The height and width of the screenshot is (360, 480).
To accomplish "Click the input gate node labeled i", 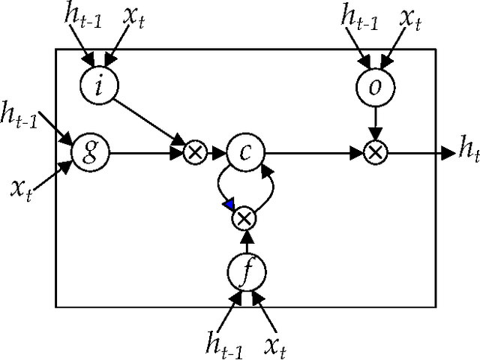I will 100,83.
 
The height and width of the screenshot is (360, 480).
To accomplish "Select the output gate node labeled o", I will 374,84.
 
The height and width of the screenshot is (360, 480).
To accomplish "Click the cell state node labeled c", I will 246,152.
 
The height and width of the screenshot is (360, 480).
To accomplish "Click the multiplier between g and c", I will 195,152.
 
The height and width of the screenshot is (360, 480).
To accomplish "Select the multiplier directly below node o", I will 374,152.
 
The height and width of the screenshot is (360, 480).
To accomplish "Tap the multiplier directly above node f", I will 244,219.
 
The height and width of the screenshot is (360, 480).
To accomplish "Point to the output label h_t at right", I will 467,152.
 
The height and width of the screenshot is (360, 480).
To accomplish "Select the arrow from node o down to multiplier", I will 374,121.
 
